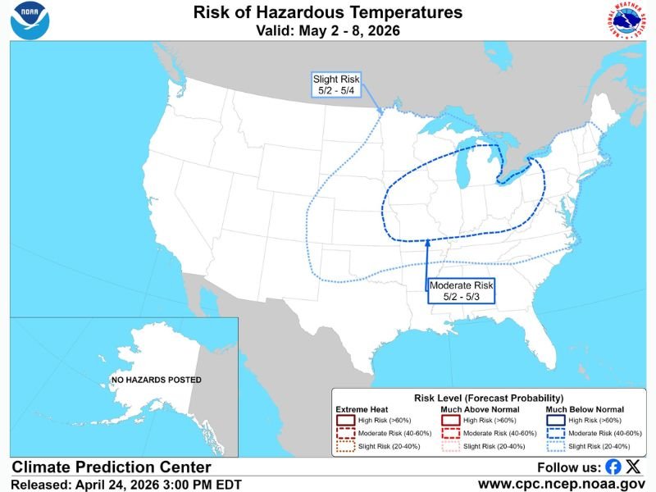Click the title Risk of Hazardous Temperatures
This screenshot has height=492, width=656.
[x=328, y=13]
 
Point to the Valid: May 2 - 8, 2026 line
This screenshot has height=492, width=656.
[x=328, y=31]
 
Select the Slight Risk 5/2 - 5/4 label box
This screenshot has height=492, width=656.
[x=336, y=84]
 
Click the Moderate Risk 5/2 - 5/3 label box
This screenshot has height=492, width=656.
[x=461, y=290]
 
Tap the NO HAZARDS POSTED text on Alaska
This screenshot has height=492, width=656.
[x=157, y=380]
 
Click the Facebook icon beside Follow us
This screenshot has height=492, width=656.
[x=613, y=467]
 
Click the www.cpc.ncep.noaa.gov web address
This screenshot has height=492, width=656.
[x=561, y=485]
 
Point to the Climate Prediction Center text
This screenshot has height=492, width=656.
[x=111, y=467]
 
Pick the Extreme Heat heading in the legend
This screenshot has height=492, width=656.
[x=361, y=409]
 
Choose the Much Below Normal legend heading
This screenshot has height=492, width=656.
[x=585, y=409]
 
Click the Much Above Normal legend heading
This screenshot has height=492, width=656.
[x=474, y=409]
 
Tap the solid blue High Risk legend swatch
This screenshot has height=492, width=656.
[x=554, y=420]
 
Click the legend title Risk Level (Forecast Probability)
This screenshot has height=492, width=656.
[x=489, y=397]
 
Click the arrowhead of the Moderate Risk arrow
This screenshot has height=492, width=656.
[x=427, y=244]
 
